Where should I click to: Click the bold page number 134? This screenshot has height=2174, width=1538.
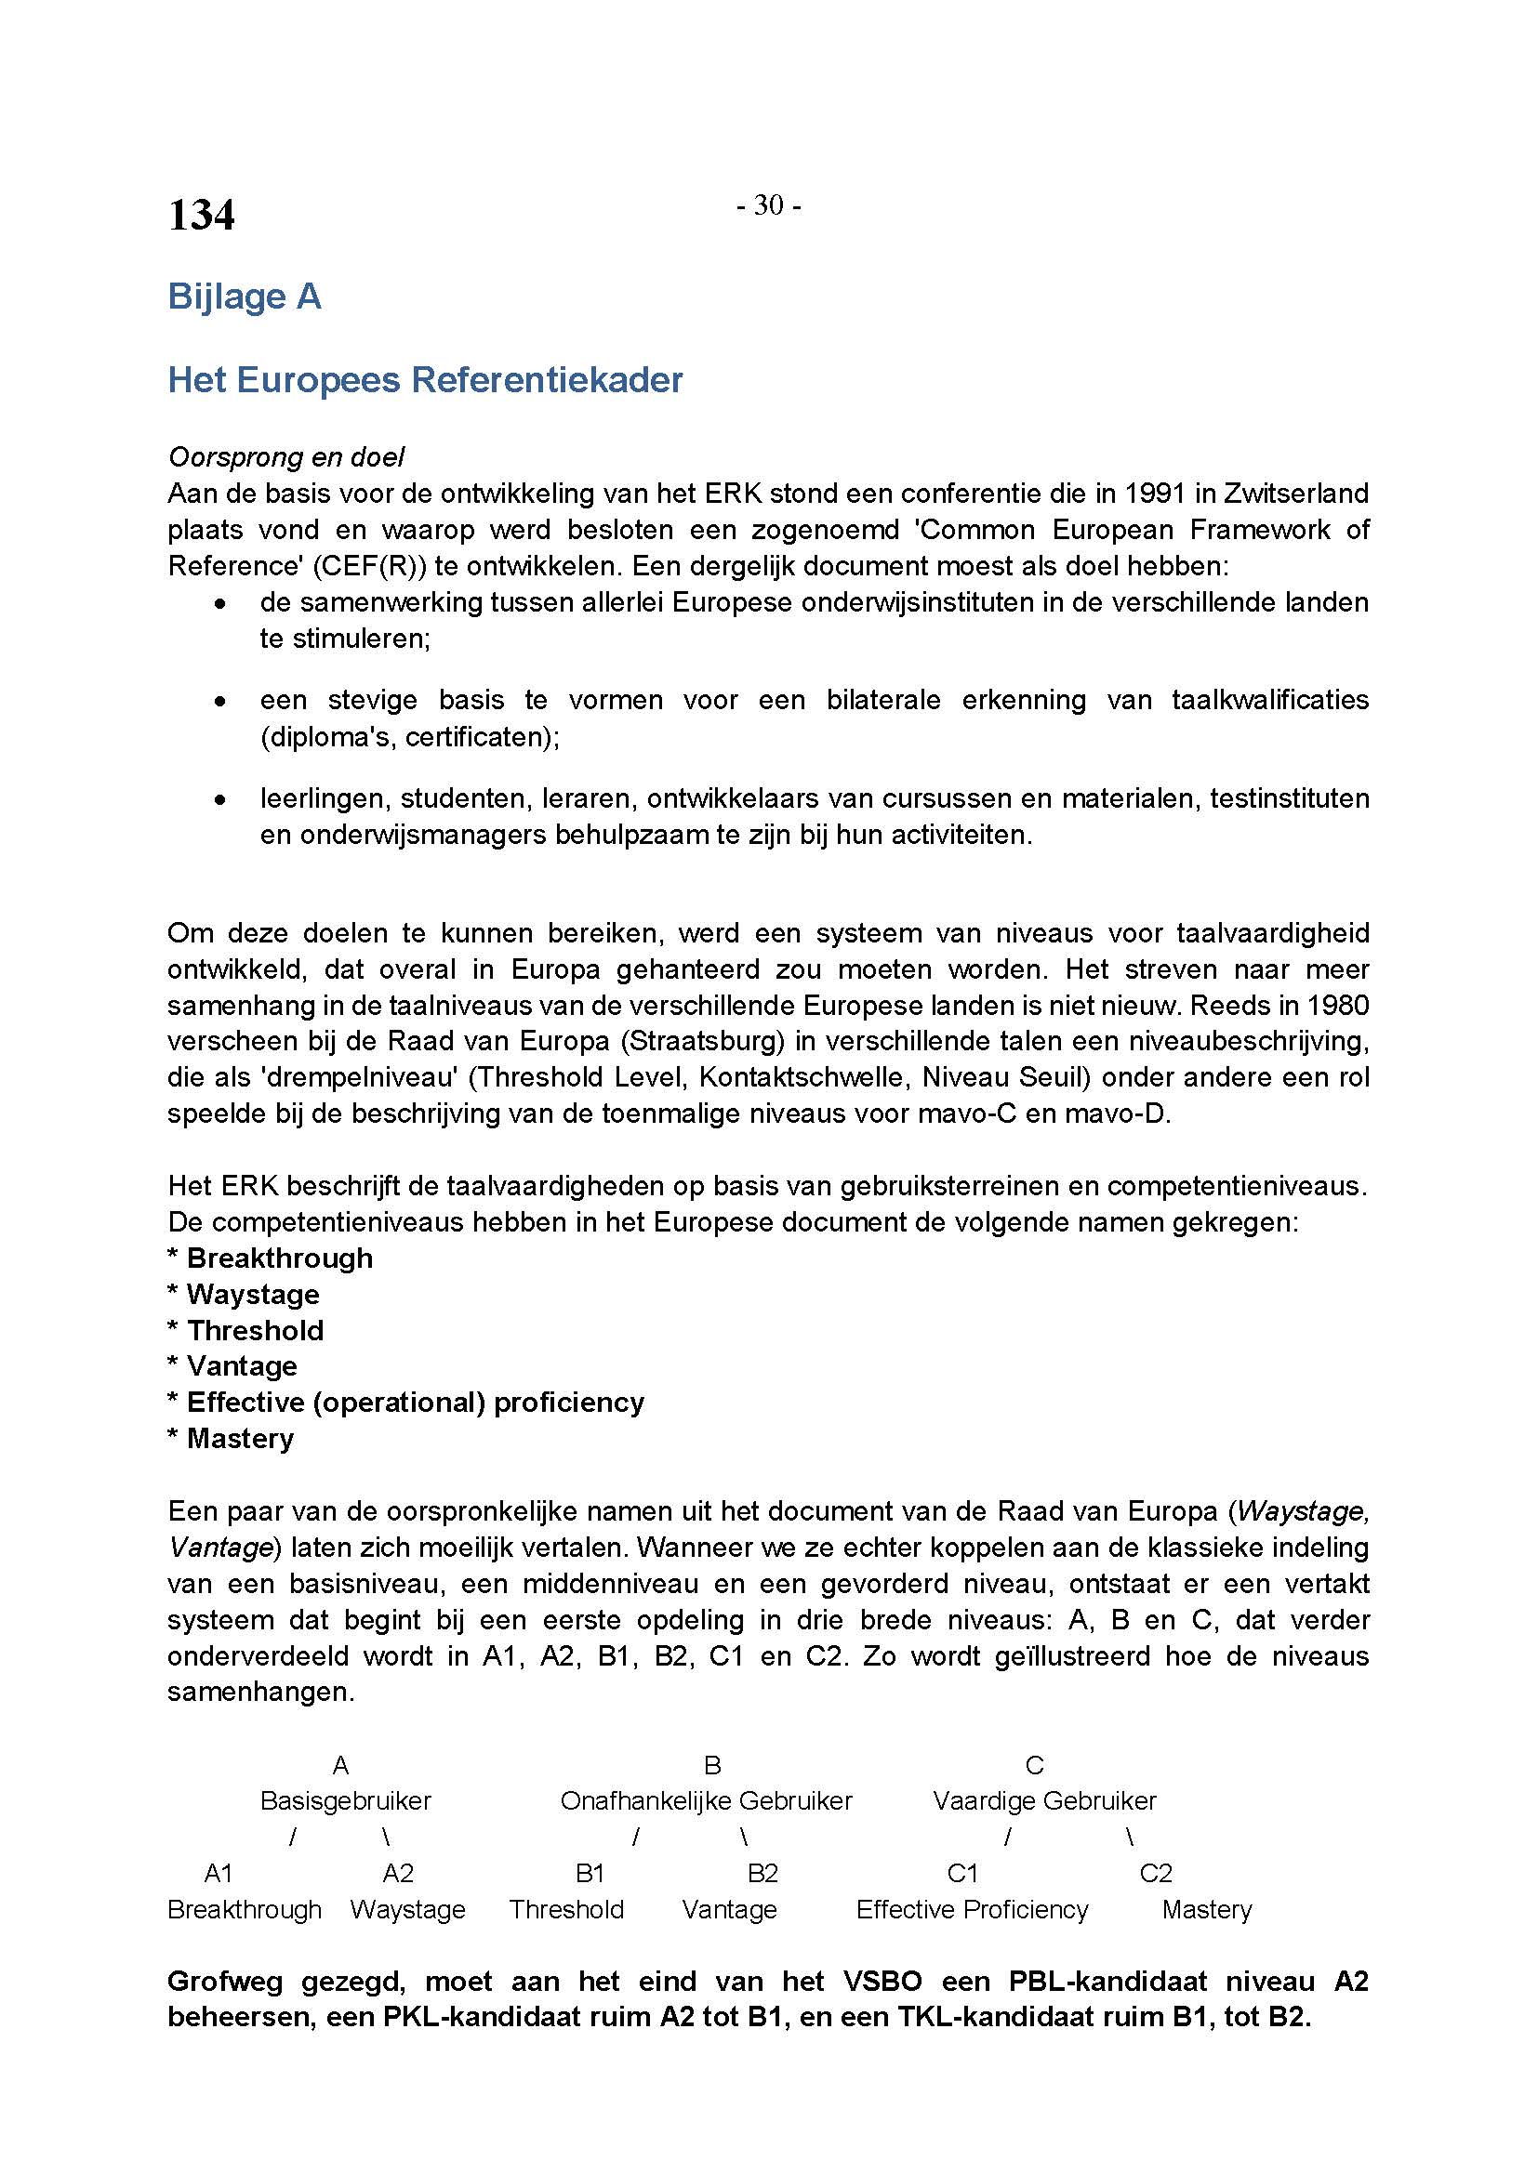coord(201,215)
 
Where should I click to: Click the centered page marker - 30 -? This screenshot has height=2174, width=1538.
coord(768,204)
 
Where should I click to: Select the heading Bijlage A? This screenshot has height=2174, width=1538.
coord(245,297)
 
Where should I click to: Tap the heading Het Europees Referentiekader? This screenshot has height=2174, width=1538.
coord(425,380)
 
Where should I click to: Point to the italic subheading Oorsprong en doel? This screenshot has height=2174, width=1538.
coord(286,457)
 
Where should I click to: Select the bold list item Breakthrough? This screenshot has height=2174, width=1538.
coord(279,1258)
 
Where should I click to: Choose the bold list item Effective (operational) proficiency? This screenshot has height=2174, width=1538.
coord(415,1403)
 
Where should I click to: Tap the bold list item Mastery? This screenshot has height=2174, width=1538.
coord(240,1438)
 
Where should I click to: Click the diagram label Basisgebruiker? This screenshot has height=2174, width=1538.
coord(346,1801)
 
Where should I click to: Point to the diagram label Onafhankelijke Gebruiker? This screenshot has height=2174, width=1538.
coord(706,1801)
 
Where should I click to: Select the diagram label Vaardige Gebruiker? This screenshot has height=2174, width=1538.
coord(1043,1801)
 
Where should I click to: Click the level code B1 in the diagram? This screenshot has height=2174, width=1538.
coord(590,1874)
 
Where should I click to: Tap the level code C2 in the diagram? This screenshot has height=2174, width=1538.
coord(1156,1874)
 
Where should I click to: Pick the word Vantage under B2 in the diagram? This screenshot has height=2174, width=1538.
coord(729,1910)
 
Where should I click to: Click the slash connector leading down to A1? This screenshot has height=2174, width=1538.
coord(293,1838)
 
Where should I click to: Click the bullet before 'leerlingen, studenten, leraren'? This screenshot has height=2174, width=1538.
coord(219,800)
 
